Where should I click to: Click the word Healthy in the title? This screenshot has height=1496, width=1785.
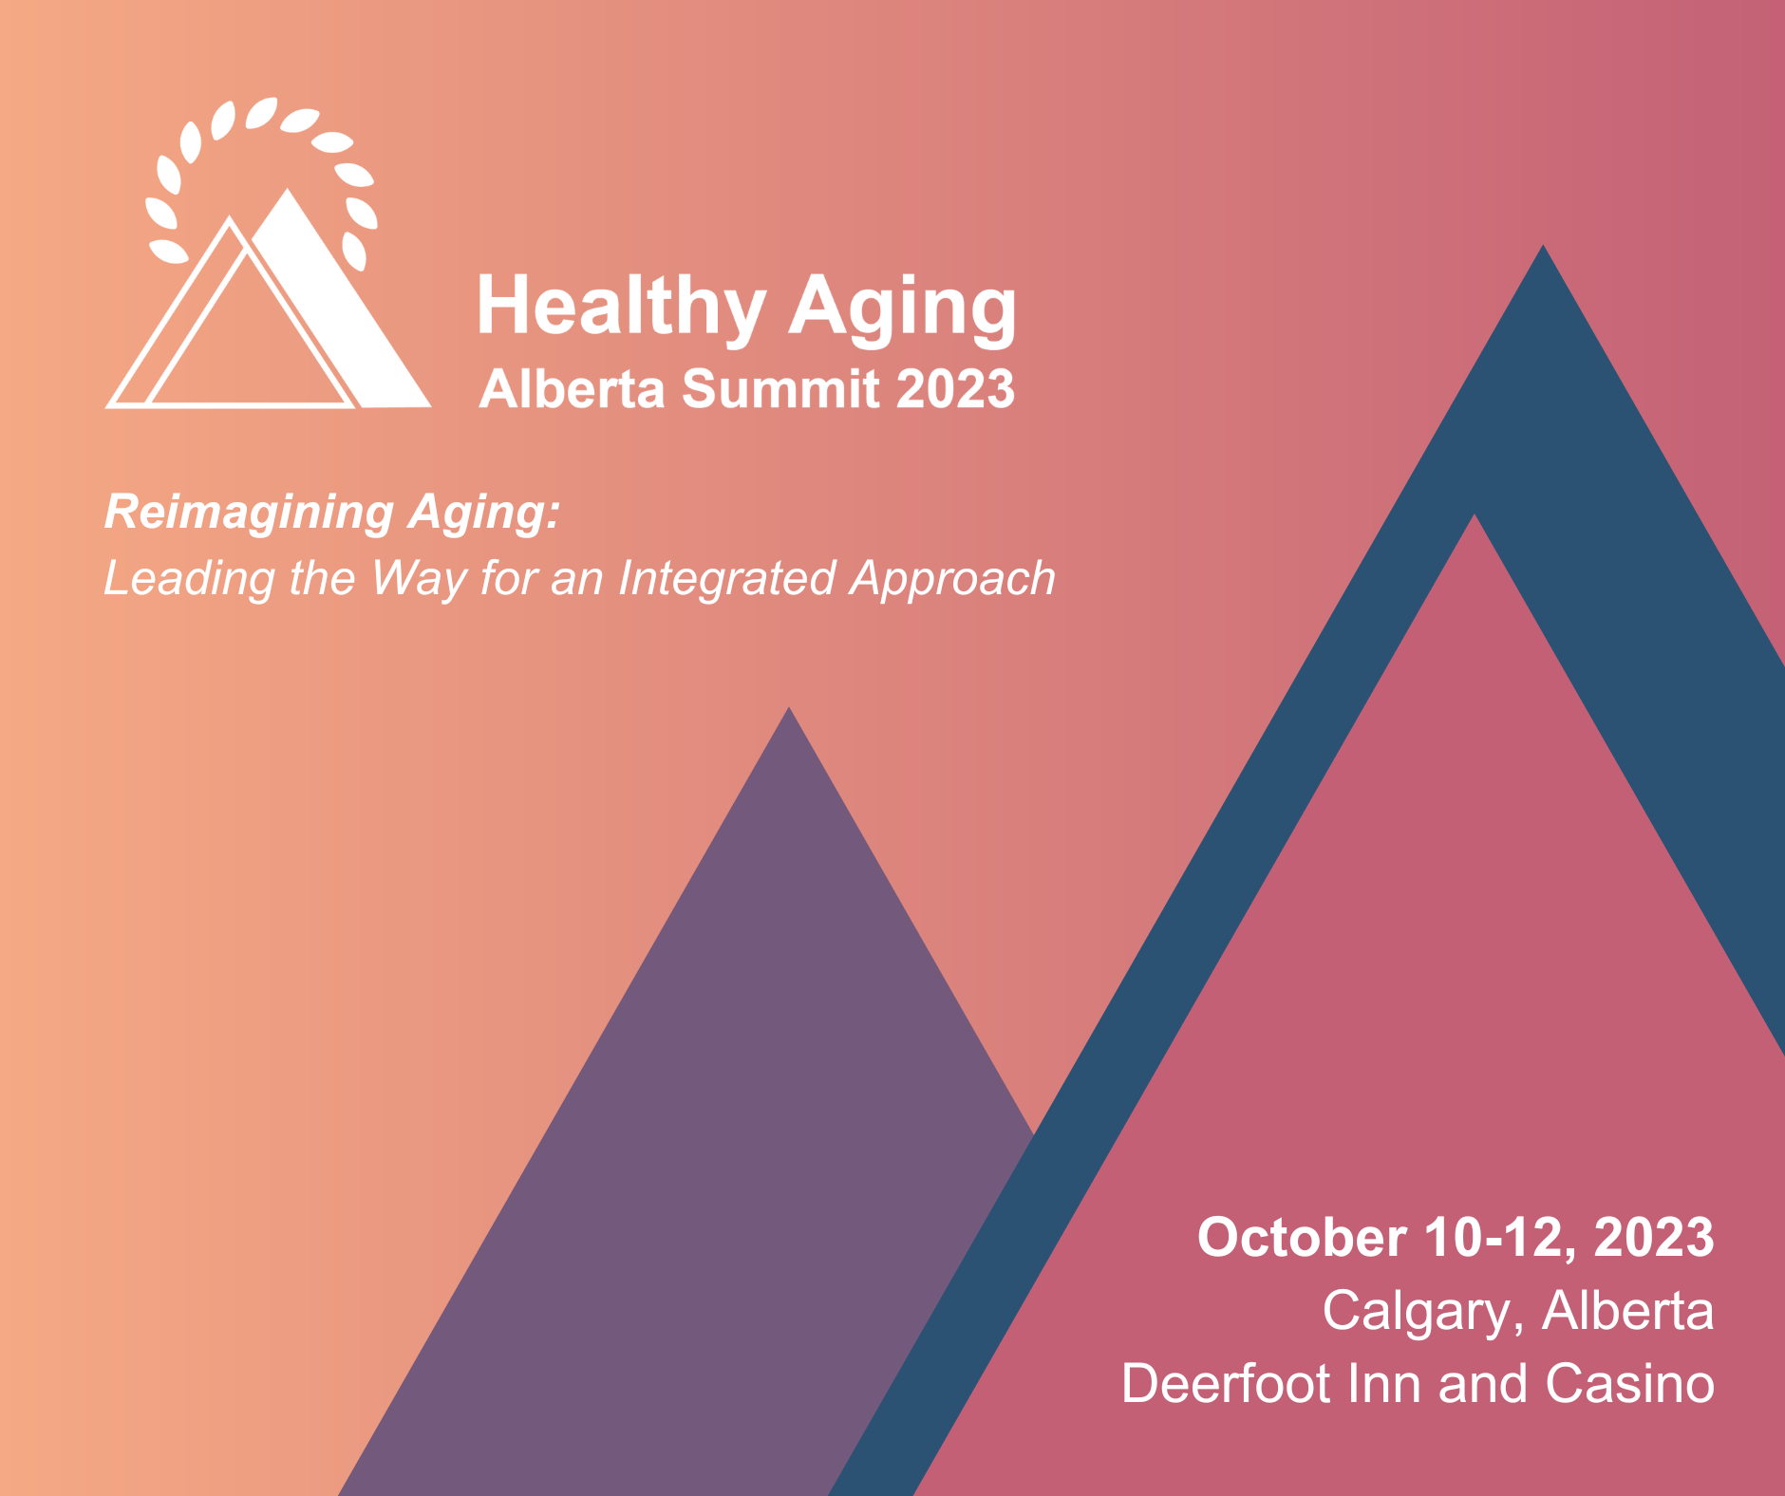pos(621,307)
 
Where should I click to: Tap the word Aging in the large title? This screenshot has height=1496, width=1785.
pos(904,307)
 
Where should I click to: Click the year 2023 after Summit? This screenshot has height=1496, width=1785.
pos(955,389)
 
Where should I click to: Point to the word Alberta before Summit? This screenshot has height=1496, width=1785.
pos(573,389)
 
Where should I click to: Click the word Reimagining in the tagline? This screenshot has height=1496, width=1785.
pos(249,514)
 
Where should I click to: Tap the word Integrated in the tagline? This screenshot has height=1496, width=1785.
pos(726,579)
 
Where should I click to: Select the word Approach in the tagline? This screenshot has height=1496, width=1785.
pos(952,579)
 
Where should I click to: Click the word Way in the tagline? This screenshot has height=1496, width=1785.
pos(419,579)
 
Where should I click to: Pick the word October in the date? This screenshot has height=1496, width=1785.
pos(1302,1238)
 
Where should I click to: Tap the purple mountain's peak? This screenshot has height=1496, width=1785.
pos(789,708)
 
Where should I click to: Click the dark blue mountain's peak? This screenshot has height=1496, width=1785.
pos(1543,246)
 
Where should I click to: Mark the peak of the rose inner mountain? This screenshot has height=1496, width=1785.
pos(1475,514)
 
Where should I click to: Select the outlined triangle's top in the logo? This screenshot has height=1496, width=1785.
pos(229,217)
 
